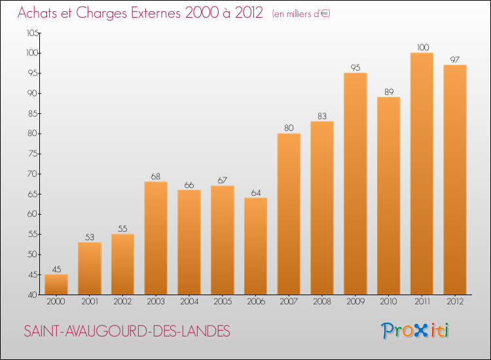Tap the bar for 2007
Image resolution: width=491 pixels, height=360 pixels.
289,213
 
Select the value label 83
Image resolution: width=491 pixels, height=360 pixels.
322,116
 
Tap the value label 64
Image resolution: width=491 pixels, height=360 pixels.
255,192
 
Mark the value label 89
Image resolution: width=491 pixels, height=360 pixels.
388,92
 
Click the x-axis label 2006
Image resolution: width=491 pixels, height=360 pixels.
255,302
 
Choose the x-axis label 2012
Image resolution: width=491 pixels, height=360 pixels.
455,302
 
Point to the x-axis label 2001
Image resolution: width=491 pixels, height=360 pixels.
89,302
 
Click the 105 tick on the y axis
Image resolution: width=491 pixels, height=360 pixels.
32,33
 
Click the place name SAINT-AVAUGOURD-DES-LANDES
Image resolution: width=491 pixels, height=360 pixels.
127,332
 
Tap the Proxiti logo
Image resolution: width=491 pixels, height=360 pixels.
415,331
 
